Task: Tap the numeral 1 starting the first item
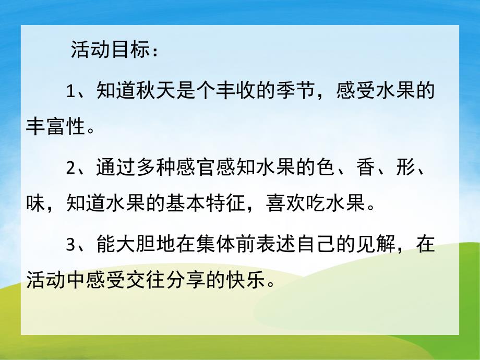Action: click(x=71, y=92)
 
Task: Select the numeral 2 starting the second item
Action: click(x=71, y=169)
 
